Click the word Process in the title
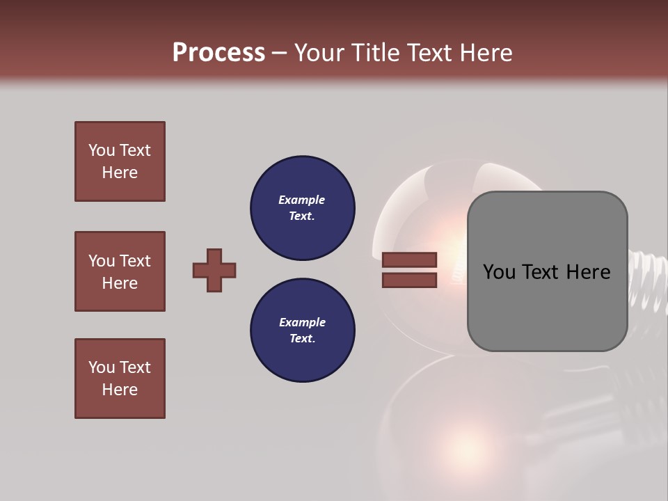point(218,52)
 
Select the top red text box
point(120,161)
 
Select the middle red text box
point(120,271)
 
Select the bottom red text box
point(120,379)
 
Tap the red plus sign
point(214,270)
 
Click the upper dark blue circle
point(303,207)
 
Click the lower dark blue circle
point(303,330)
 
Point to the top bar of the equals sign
point(409,260)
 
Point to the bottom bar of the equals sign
point(409,280)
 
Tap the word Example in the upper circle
point(302,200)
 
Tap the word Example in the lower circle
point(302,322)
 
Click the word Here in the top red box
point(120,173)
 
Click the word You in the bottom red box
point(102,367)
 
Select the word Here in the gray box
point(588,272)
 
